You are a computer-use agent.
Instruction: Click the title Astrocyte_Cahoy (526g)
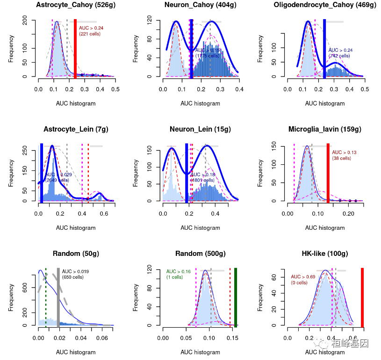click(77, 5)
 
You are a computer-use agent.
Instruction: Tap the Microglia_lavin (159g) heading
click(325, 129)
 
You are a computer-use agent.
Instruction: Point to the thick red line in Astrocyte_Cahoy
click(75, 49)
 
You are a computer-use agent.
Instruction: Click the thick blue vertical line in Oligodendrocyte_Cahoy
click(324, 49)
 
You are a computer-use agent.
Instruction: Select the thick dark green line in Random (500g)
click(236, 297)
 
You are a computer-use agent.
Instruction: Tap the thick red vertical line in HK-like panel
click(362, 297)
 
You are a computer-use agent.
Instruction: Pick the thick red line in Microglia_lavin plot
click(328, 173)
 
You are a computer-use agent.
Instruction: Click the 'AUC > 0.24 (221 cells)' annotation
click(91, 31)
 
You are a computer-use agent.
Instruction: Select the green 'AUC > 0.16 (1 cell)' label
click(178, 274)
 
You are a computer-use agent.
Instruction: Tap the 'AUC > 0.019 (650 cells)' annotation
click(75, 274)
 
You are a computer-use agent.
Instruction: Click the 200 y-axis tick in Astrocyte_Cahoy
click(29, 21)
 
